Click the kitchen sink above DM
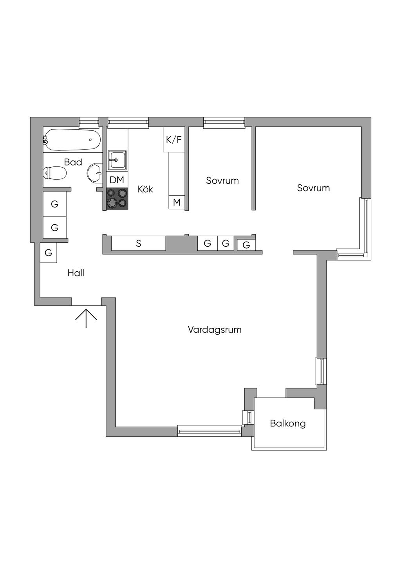pos(117,160)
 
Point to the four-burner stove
pos(117,198)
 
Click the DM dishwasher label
pos(117,180)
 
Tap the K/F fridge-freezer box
pos(174,139)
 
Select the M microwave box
pos(177,202)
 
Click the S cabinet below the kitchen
pos(139,243)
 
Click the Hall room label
pos(76,273)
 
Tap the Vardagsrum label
pos(215,330)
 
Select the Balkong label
pos(288,423)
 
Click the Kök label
pos(145,189)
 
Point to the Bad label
pos(73,162)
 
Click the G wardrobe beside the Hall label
pos(49,253)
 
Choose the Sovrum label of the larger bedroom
pos(313,188)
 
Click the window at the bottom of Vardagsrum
pos(209,431)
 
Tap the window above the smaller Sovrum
pos(224,123)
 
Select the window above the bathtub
pos(89,123)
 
